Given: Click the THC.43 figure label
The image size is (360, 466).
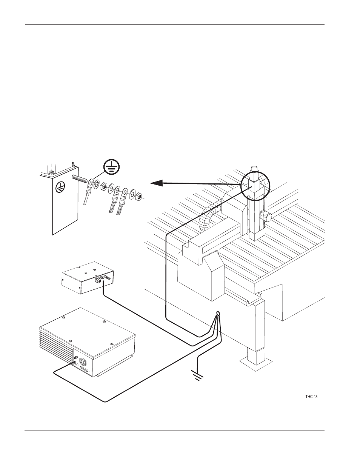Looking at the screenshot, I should coord(311,397).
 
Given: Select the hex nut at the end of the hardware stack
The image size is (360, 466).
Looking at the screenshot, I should coord(138,196).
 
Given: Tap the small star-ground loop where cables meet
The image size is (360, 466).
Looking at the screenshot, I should coord(218,314).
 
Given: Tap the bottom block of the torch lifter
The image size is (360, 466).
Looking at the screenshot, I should coord(254,235).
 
